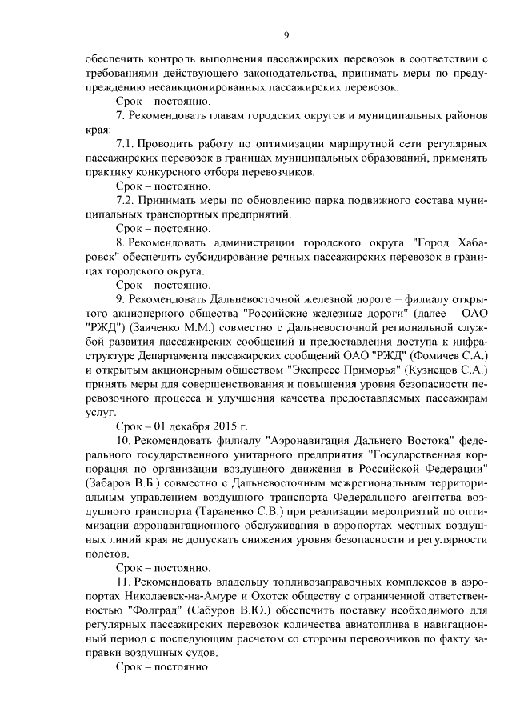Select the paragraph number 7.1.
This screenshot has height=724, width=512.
click(126, 144)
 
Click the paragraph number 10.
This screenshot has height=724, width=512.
click(124, 441)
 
